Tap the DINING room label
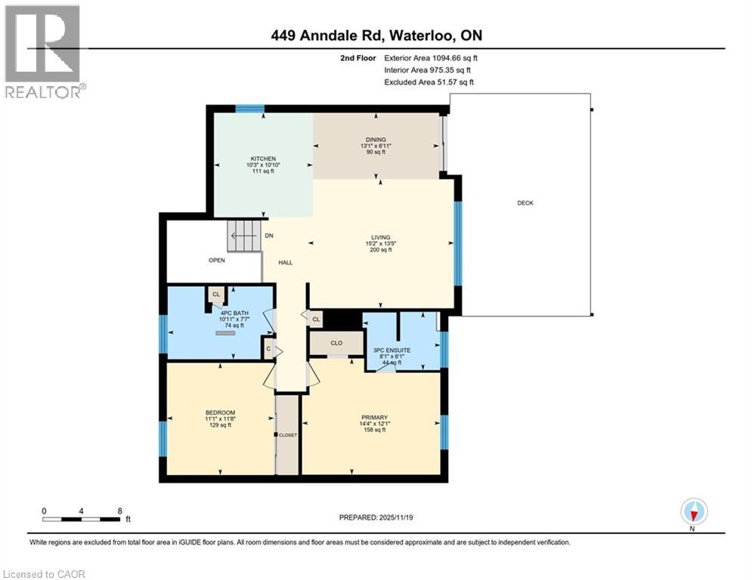pyautogui.click(x=376, y=140)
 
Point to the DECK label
pyautogui.click(x=525, y=202)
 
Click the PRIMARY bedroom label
pyautogui.click(x=374, y=418)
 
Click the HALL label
pyautogui.click(x=285, y=263)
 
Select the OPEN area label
pyautogui.click(x=218, y=260)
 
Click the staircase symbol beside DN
pyautogui.click(x=244, y=236)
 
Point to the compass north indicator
pyautogui.click(x=693, y=512)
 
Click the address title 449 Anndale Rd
pyautogui.click(x=376, y=35)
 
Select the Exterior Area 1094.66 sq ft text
pyautogui.click(x=431, y=57)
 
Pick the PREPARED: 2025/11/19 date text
pyautogui.click(x=376, y=518)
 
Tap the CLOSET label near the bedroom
pyautogui.click(x=288, y=435)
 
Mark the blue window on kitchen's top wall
pyautogui.click(x=249, y=109)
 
